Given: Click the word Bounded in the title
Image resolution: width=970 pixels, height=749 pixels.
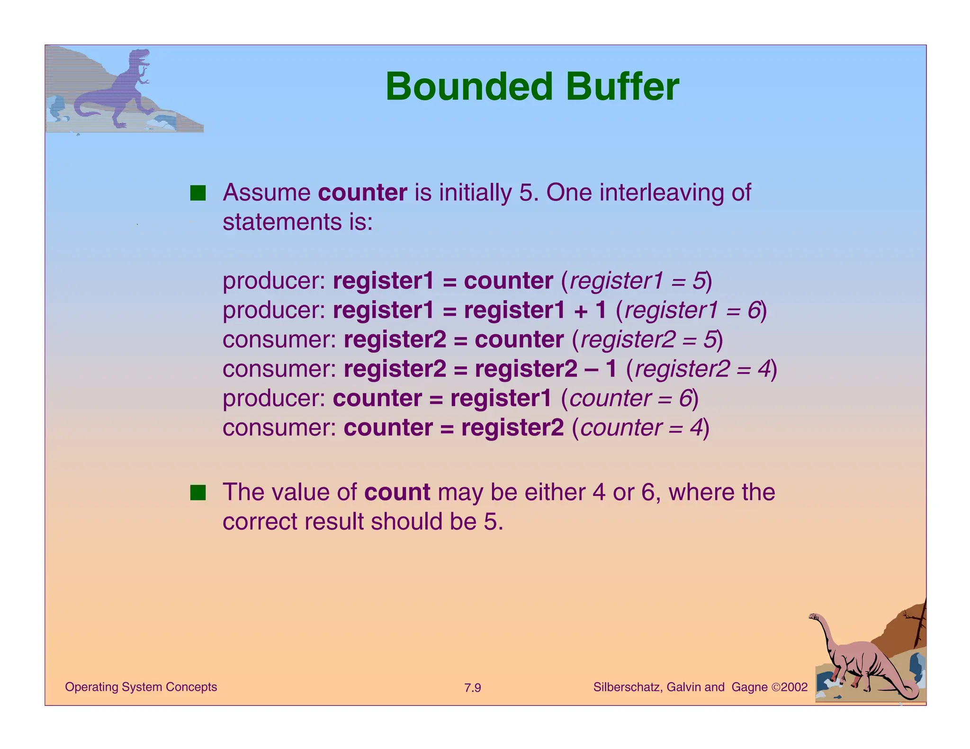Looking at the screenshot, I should pyautogui.click(x=469, y=87).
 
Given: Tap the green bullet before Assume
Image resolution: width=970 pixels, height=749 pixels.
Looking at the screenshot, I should pyautogui.click(x=198, y=193).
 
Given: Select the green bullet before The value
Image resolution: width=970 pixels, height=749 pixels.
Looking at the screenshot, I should pyautogui.click(x=198, y=492).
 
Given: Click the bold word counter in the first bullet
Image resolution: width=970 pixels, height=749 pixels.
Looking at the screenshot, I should pyautogui.click(x=362, y=193).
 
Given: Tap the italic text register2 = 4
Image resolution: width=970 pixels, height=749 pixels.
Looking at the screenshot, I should pyautogui.click(x=703, y=369).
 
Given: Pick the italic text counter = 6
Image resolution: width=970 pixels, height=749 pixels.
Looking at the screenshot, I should pyautogui.click(x=630, y=399).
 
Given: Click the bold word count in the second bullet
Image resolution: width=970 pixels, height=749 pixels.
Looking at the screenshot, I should pyautogui.click(x=397, y=492).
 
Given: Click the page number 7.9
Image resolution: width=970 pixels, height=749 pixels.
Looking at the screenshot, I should pyautogui.click(x=472, y=688).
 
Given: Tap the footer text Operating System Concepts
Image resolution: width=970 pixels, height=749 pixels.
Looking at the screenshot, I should pyautogui.click(x=141, y=687).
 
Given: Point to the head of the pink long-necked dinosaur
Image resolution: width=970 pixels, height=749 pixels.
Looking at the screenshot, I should pyautogui.click(x=815, y=617).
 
